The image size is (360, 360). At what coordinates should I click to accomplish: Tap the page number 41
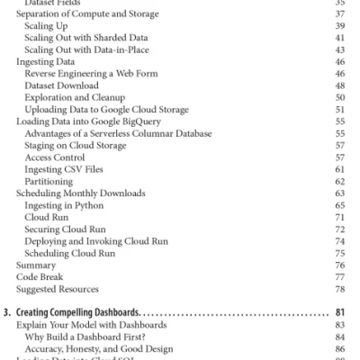point(339,39)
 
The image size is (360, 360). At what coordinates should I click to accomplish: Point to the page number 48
point(339,85)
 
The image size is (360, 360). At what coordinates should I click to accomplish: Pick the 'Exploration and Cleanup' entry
point(76,97)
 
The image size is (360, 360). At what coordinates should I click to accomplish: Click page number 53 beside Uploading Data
point(339,109)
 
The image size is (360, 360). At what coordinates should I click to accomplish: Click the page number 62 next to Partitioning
point(339,179)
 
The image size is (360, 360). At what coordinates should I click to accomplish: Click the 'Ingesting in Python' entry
point(65,203)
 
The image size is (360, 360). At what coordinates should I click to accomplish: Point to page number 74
point(339,241)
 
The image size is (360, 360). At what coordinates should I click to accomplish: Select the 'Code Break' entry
point(39,276)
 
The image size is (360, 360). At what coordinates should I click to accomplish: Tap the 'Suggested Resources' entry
point(57,288)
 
